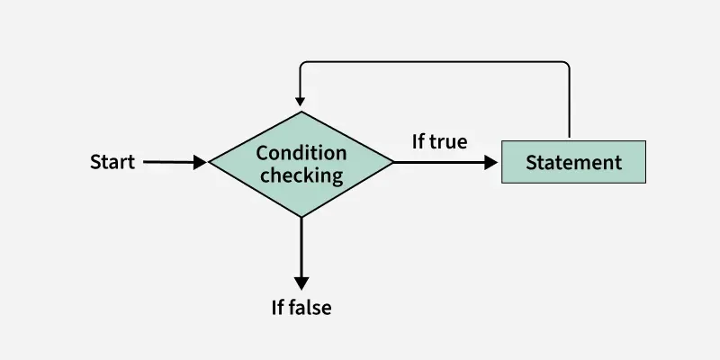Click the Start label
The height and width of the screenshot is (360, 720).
click(x=112, y=163)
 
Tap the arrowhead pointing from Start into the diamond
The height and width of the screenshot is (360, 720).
click(x=200, y=163)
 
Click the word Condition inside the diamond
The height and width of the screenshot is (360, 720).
click(x=301, y=152)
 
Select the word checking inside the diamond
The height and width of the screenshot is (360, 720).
click(x=301, y=174)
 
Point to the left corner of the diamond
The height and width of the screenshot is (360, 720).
click(x=211, y=163)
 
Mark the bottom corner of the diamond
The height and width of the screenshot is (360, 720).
click(x=301, y=217)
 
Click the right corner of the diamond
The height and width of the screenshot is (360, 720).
click(x=392, y=163)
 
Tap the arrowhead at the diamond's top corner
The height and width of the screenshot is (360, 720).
click(x=301, y=103)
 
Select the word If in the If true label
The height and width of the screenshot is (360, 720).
click(x=419, y=141)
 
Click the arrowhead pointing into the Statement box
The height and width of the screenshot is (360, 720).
click(x=490, y=163)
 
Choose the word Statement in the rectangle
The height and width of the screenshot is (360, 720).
click(x=573, y=163)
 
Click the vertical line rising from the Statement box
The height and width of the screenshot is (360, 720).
click(x=570, y=103)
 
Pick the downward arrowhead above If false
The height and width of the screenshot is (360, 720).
click(x=301, y=281)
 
